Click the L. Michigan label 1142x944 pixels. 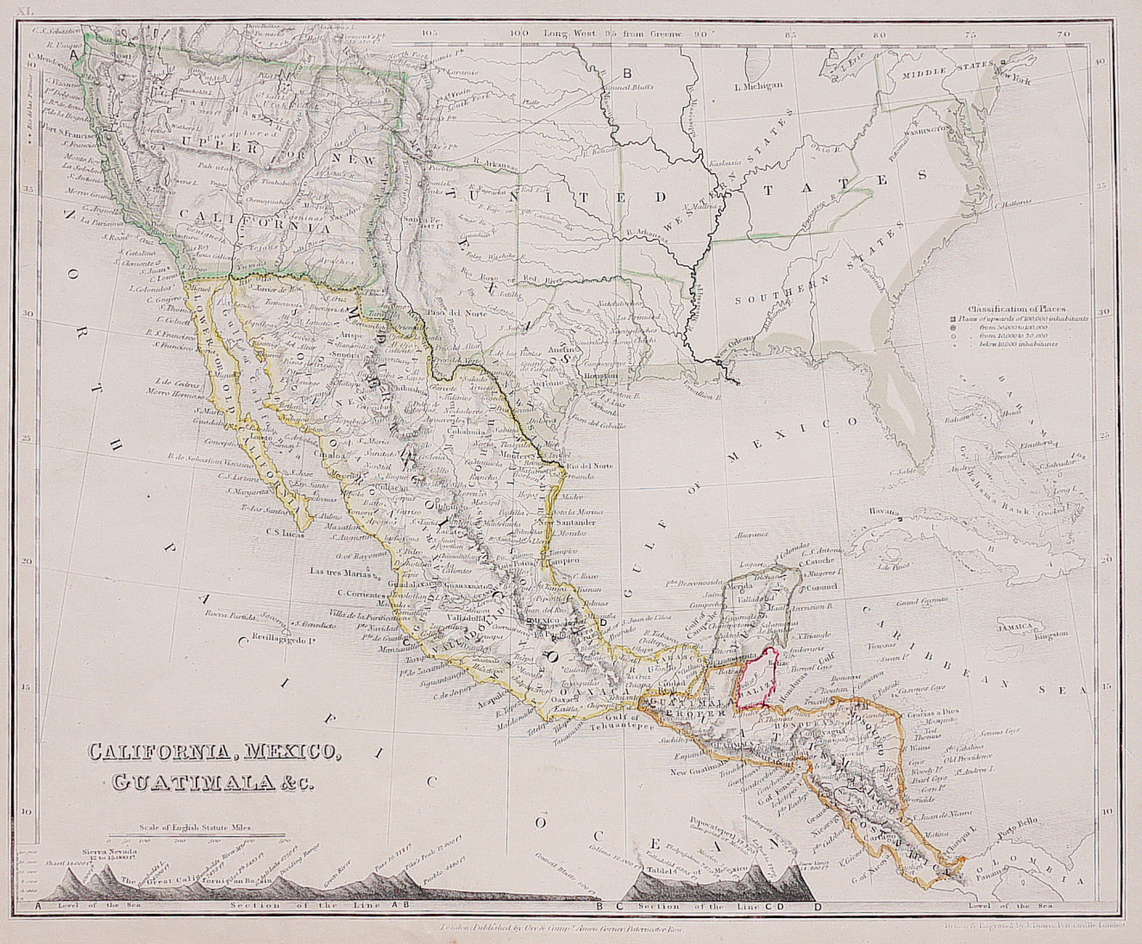click(x=757, y=85)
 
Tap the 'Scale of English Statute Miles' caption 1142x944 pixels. click(x=198, y=827)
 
